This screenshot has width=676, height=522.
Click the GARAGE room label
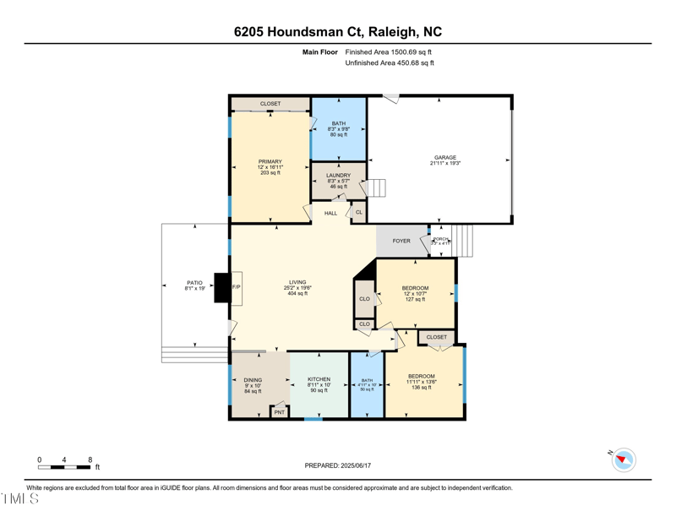445,158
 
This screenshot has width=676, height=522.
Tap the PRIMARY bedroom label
270,161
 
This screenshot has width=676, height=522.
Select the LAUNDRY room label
338,176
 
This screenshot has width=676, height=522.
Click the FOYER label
401,241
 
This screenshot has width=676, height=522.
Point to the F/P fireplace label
237,287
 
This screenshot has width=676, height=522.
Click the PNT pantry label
279,412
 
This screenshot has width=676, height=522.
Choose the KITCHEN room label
319,379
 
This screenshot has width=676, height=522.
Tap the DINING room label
253,380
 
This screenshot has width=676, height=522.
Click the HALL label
330,213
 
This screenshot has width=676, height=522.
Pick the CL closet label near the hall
358,212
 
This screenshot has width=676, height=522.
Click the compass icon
624,460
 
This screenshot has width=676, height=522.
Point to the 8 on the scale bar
90,459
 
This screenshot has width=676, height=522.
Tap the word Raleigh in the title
395,32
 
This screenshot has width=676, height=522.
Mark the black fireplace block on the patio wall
221,287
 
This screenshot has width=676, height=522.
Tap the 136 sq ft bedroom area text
422,388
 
